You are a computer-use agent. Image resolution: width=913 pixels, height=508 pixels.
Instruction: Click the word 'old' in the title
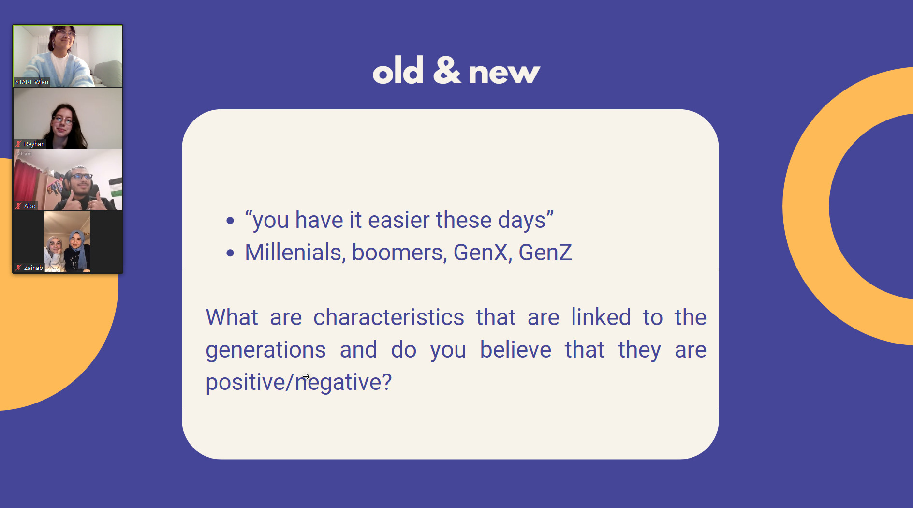398,71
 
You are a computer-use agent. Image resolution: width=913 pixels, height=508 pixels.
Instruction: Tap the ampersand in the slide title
447,71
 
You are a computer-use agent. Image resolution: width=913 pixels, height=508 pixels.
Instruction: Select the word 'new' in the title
504,74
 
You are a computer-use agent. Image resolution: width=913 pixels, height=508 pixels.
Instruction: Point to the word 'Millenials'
293,252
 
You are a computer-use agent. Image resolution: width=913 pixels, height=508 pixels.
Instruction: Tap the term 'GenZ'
545,252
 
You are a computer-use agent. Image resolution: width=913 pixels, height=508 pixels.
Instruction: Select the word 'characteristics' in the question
389,317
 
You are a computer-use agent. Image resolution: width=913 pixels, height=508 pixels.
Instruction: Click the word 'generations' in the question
265,350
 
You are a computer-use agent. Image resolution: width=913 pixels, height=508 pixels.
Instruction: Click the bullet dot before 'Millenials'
230,253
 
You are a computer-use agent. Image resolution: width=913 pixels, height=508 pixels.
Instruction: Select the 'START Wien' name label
32,82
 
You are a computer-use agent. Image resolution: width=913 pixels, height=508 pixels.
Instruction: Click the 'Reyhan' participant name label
34,144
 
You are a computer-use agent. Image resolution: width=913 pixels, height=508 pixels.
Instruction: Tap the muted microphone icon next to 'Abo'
18,206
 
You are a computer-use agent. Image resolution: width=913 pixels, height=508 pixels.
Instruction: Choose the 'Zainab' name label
33,268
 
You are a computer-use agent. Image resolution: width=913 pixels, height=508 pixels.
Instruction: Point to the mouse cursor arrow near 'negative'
306,376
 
